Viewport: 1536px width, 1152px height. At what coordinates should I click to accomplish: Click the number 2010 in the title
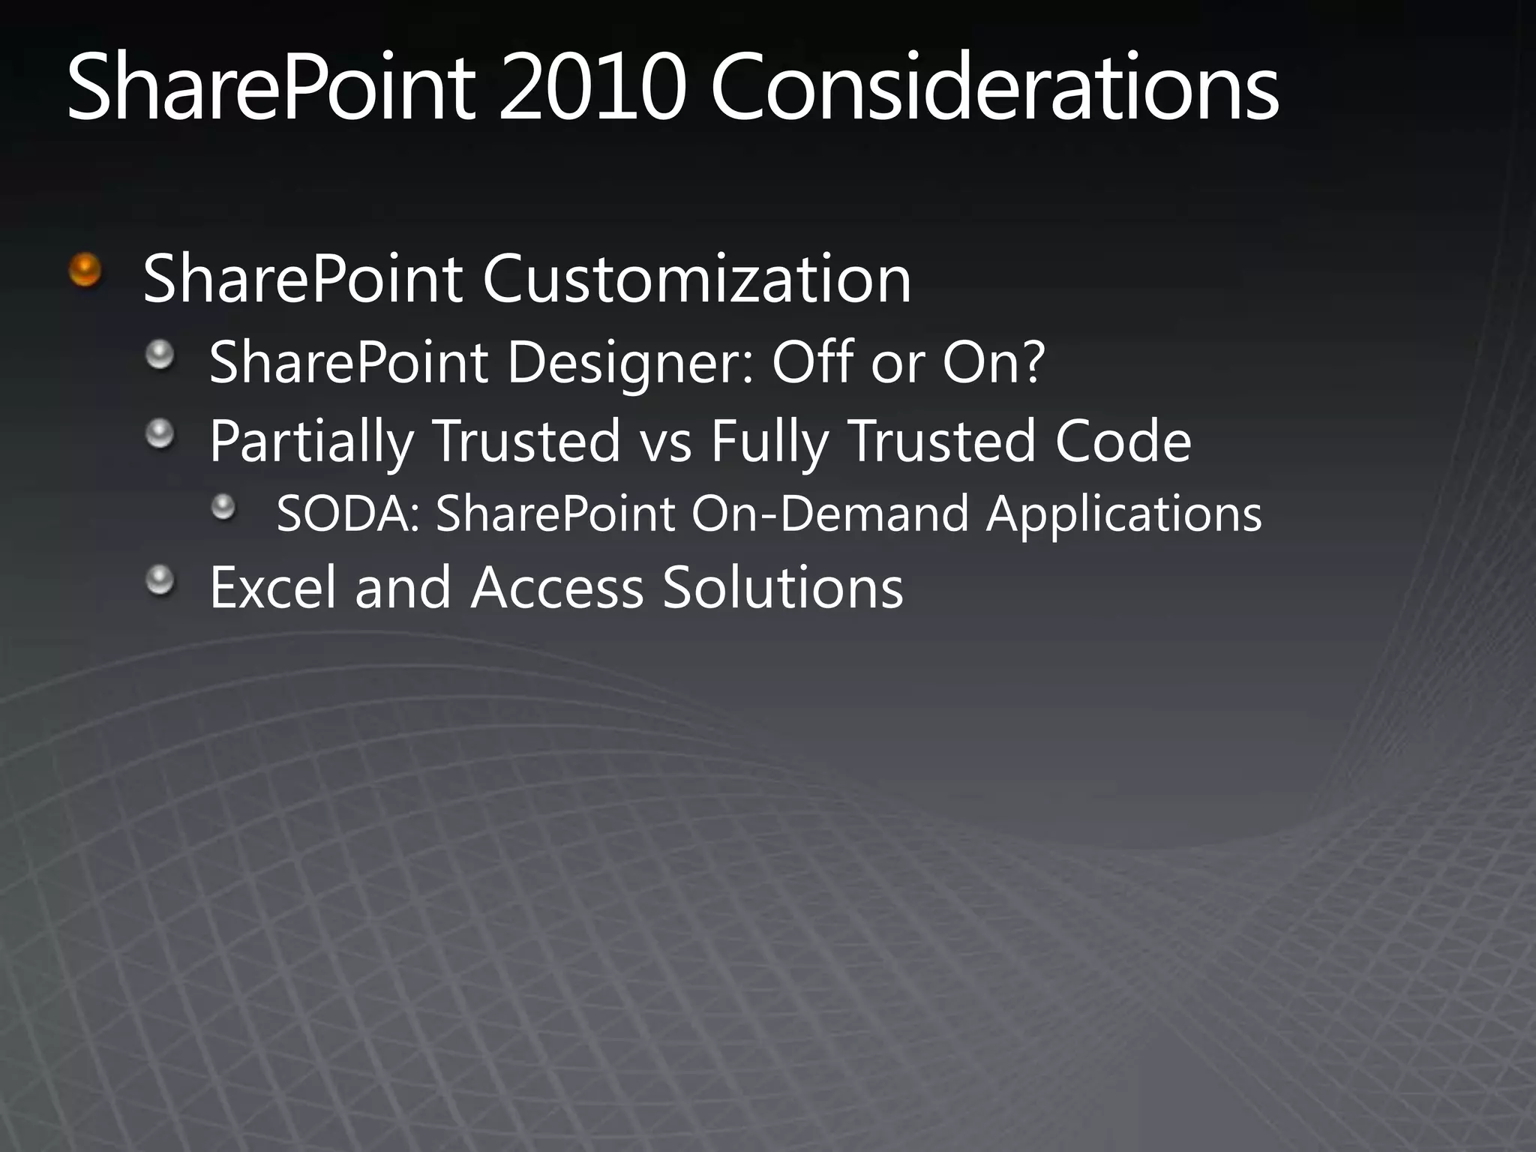point(592,88)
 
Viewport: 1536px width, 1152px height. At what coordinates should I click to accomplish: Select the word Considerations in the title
point(994,88)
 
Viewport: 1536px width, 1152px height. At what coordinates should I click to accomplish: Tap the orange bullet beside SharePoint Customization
point(85,270)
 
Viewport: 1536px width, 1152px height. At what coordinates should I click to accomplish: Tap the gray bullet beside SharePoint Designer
point(160,354)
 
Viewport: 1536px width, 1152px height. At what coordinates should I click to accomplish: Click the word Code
point(1123,441)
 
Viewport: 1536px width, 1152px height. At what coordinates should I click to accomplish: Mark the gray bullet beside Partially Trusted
point(160,433)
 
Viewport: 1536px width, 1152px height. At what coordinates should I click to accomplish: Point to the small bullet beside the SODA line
point(223,508)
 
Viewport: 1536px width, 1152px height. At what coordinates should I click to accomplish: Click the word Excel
point(273,587)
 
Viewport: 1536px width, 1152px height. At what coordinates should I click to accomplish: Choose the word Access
point(557,587)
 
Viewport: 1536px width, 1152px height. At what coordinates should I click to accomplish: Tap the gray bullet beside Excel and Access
point(160,580)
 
